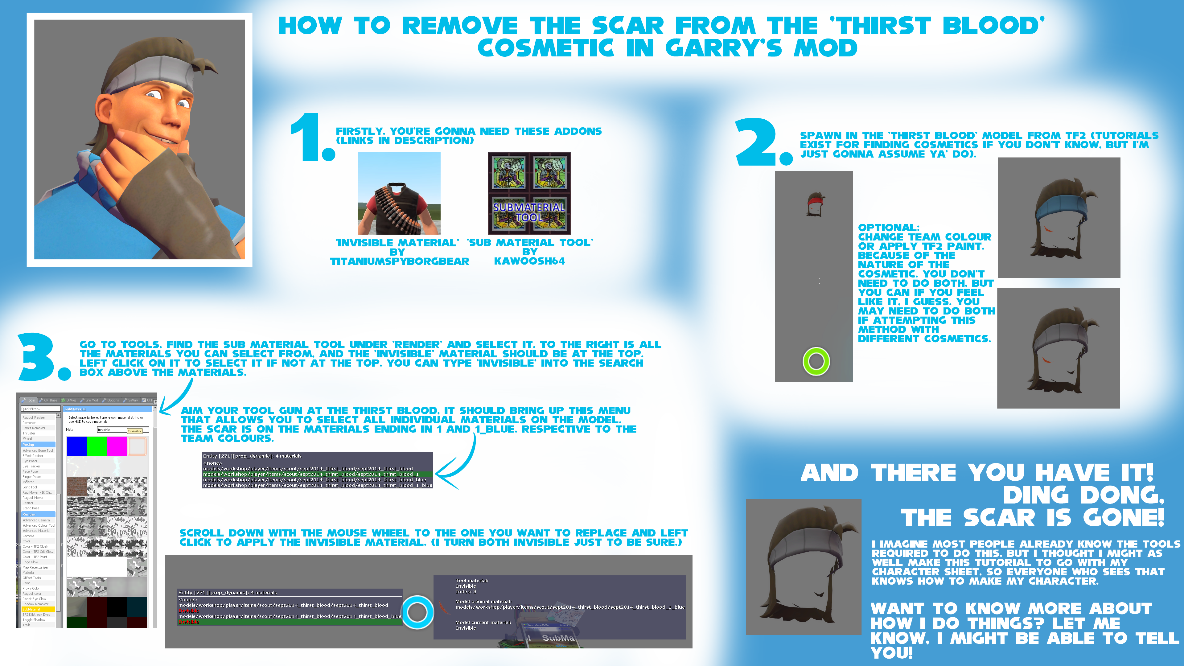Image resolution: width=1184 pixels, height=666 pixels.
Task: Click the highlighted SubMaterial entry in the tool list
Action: [32, 609]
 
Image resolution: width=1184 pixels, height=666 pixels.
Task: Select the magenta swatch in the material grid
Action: [117, 446]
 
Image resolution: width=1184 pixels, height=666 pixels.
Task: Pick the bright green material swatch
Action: [97, 446]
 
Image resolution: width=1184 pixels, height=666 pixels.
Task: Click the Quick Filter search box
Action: [40, 409]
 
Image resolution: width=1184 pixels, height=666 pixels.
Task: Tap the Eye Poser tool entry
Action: [30, 461]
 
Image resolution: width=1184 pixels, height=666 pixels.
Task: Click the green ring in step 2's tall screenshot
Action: [816, 361]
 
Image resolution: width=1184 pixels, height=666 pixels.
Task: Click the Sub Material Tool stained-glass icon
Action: [529, 193]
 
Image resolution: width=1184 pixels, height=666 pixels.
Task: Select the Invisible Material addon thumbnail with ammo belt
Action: [399, 193]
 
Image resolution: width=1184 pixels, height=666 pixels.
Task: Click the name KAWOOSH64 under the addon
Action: [529, 261]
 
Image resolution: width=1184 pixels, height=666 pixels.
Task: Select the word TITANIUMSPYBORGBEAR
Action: [399, 261]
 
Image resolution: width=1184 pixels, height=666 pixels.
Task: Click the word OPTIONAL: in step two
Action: [888, 228]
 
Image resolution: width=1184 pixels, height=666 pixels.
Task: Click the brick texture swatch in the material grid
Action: [77, 487]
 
